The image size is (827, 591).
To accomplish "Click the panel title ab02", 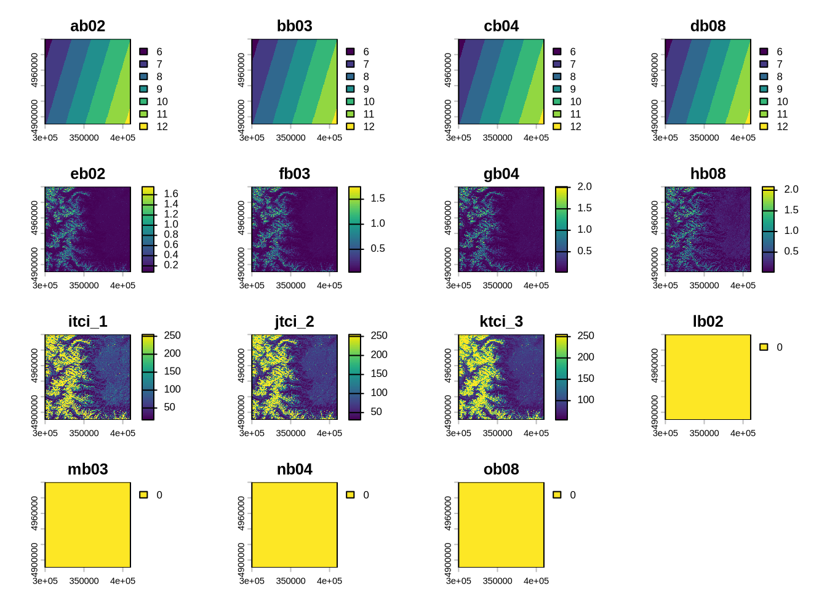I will [87, 26].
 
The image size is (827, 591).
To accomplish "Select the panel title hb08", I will [708, 174].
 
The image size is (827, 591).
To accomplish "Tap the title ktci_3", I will [501, 321].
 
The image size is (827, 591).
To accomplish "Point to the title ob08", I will [501, 469].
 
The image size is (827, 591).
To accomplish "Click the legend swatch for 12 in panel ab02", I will [143, 126].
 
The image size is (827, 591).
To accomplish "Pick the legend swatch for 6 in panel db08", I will [764, 52].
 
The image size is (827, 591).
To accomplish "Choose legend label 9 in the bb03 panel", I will [366, 89].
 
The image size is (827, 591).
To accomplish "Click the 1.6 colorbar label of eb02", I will [171, 193].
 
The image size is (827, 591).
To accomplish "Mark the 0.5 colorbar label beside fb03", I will [378, 248].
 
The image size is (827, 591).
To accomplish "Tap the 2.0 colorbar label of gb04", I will [585, 187].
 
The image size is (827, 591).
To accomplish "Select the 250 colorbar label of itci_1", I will [172, 336].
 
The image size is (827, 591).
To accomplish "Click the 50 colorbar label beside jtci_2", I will [377, 411].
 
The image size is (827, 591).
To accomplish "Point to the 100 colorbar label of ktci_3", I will [586, 400].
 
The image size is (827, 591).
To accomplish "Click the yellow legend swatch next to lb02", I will [764, 347].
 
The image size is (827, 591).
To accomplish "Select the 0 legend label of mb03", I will [159, 495].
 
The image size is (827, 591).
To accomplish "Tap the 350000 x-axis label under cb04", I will [497, 138].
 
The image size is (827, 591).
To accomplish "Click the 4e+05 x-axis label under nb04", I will [329, 581].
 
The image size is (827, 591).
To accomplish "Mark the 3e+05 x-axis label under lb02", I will [665, 433].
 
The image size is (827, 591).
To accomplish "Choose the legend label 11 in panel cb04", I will [575, 114].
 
